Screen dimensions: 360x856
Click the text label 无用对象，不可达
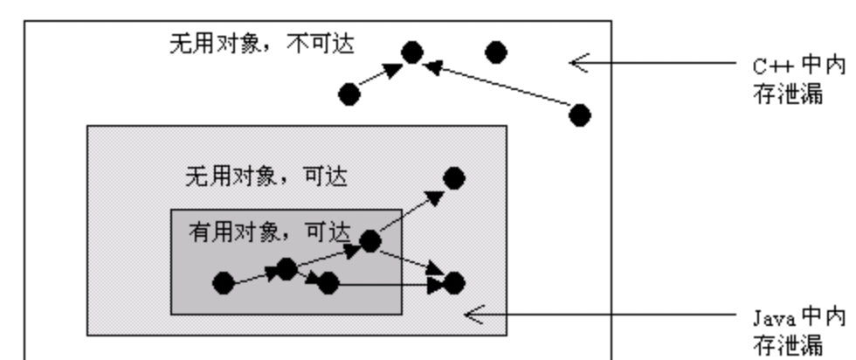[261, 44]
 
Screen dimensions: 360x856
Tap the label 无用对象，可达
[266, 177]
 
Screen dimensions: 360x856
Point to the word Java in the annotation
[770, 316]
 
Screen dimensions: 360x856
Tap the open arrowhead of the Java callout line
[473, 314]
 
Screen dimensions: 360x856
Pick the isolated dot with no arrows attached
[496, 52]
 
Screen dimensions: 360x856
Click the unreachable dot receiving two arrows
[412, 53]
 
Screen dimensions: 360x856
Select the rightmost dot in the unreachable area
[579, 114]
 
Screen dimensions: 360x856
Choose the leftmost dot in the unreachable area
[349, 94]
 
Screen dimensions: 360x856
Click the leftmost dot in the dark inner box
[224, 283]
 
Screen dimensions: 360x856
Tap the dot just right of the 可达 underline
[370, 241]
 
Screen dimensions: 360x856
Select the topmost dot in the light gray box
[454, 178]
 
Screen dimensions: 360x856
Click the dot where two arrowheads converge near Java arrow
[454, 283]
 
